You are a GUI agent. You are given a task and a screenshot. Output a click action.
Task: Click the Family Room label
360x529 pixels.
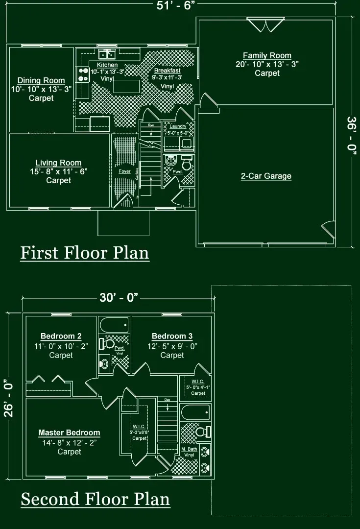click(x=267, y=56)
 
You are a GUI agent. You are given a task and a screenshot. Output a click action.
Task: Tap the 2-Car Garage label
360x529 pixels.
click(x=266, y=176)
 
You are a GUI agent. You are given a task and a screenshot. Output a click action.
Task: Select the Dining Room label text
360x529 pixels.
click(x=41, y=81)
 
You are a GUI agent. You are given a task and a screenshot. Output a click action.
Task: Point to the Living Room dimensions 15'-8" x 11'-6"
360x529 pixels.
click(x=58, y=172)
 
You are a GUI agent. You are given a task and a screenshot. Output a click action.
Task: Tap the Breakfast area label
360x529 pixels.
click(x=167, y=71)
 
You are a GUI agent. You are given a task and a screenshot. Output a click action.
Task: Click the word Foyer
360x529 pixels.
click(x=124, y=172)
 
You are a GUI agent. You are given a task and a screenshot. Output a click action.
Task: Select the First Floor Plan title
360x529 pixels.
click(x=84, y=253)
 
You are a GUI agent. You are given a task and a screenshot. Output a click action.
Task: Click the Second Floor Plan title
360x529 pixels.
click(x=95, y=499)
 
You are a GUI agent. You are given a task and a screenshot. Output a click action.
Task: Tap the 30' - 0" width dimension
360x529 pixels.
click(x=119, y=298)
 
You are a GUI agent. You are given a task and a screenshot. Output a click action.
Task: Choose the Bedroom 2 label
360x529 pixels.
click(x=61, y=336)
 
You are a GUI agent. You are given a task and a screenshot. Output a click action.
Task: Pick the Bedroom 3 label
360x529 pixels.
click(x=172, y=336)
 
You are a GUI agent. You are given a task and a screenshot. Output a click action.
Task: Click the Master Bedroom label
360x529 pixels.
click(x=69, y=433)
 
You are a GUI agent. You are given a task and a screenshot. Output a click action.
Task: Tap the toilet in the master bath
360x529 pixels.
click(x=201, y=432)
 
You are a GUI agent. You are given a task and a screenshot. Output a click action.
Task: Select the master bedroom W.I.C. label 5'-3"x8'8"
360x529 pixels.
click(x=140, y=433)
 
